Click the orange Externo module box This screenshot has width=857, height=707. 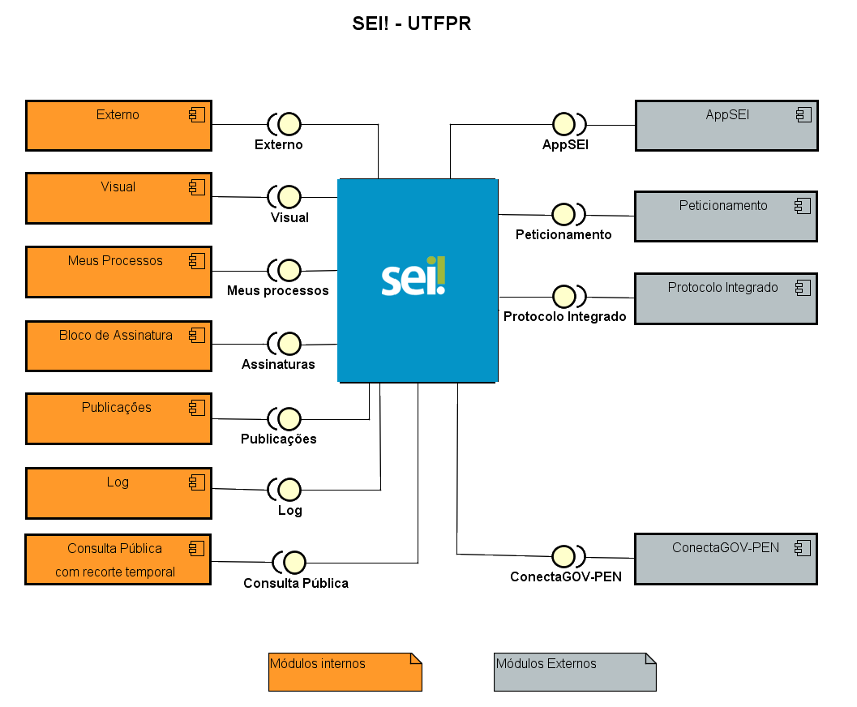click(x=118, y=126)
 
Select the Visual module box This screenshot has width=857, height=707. click(x=118, y=198)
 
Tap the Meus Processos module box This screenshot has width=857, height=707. click(x=118, y=272)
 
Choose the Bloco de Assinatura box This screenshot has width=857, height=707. click(x=118, y=346)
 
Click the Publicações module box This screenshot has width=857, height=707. click(x=118, y=418)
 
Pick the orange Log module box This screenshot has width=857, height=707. click(x=118, y=493)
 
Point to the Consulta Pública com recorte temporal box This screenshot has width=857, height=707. click(x=118, y=559)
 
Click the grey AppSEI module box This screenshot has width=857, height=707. click(x=726, y=126)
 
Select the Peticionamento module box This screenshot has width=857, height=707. click(x=726, y=216)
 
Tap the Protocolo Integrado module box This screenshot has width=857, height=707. click(x=726, y=298)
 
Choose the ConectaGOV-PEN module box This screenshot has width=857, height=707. click(x=726, y=559)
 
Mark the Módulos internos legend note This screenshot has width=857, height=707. click(x=345, y=671)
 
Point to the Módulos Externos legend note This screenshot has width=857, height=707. click(x=574, y=671)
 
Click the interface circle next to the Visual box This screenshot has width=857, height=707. click(x=289, y=196)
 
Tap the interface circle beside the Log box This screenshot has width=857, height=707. click(x=289, y=490)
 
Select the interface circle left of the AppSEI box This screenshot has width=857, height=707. click(x=563, y=124)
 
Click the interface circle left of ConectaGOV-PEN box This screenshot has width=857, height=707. click(x=563, y=556)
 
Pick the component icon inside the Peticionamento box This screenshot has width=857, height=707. click(x=803, y=206)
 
